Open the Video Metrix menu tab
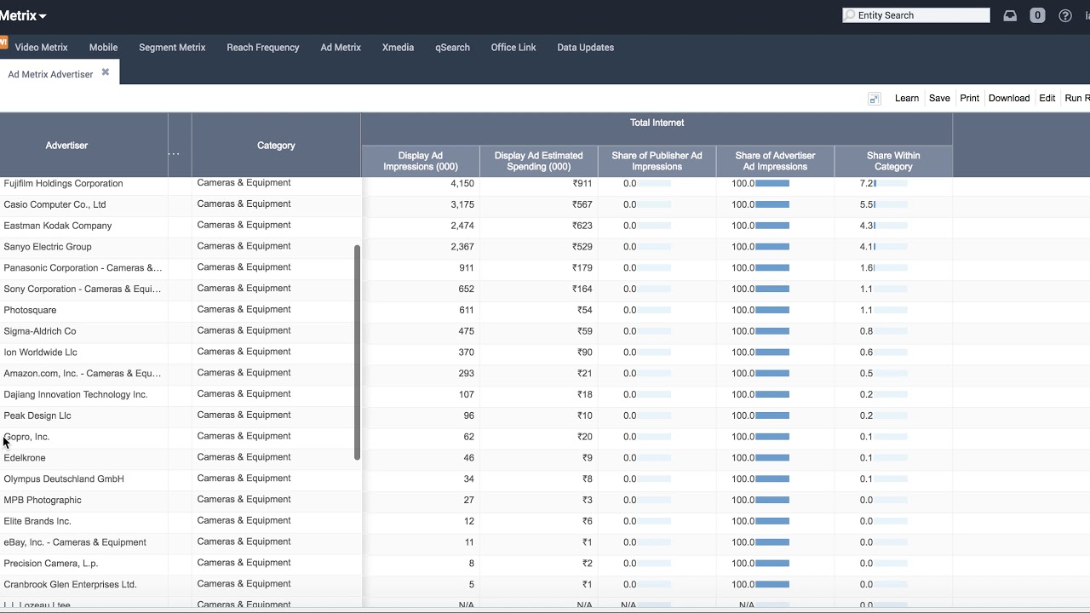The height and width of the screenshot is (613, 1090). coord(41,48)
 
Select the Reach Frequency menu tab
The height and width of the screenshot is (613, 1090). coord(262,48)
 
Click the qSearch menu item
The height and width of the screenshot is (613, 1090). coord(452,48)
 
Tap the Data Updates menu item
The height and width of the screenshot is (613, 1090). coord(585,48)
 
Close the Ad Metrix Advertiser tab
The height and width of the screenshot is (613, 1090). coord(106,72)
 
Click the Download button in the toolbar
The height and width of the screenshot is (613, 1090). coord(1008,98)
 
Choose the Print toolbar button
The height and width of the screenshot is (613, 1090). coord(969,98)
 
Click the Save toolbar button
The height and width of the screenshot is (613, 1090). coord(939,98)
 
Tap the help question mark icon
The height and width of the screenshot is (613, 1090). coord(1064,15)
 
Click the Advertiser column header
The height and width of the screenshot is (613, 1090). coord(66,146)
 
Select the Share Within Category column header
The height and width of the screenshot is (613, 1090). coord(892,161)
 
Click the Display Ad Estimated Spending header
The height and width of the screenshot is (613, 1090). coord(538,161)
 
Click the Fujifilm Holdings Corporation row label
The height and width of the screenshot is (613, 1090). coord(63,184)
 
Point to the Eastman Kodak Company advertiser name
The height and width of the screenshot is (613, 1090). coord(58,226)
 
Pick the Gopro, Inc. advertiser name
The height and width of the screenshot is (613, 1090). coord(27,437)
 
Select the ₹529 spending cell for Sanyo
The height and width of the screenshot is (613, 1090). coord(582,247)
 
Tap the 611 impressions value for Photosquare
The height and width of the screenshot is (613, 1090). coord(466,310)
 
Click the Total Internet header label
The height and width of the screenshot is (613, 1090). coord(657,123)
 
